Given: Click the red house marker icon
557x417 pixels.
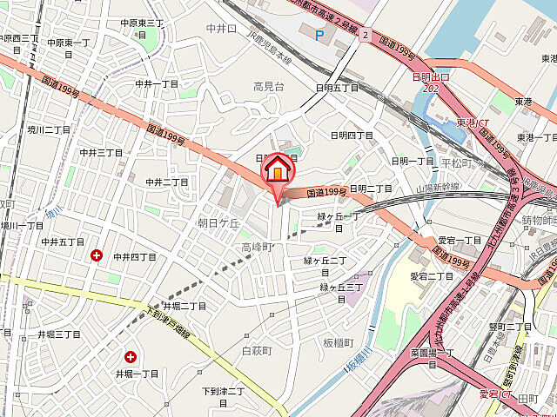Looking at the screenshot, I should [278, 168].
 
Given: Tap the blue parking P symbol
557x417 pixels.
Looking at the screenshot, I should [319, 36].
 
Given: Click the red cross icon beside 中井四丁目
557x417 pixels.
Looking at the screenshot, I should [96, 255].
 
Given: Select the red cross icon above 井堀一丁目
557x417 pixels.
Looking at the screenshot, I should [131, 356].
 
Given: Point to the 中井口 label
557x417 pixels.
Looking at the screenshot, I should [221, 29].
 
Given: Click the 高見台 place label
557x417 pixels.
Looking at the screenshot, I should [269, 86].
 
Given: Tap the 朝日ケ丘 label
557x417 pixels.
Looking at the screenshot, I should [218, 222].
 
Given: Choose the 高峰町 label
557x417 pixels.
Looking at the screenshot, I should [258, 248].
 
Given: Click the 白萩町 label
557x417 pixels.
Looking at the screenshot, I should [257, 350].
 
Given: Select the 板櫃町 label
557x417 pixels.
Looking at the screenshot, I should [340, 342].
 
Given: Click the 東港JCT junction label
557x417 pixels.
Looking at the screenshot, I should [473, 122].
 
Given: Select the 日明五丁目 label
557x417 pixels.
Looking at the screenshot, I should [338, 88].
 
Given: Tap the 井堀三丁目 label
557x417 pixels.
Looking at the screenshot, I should [58, 334].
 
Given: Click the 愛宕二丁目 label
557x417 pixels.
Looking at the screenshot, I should [432, 275].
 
